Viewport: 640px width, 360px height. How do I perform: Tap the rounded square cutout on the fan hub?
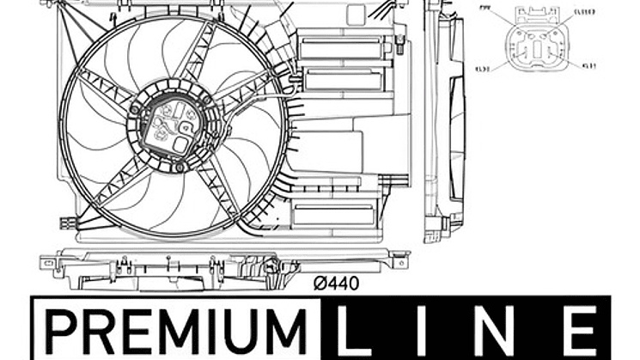click(182, 144)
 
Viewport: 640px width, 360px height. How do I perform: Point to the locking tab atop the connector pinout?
click(538, 13)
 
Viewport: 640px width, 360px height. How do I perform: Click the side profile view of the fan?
click(445, 120)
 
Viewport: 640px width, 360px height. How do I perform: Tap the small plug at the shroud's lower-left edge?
click(65, 223)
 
